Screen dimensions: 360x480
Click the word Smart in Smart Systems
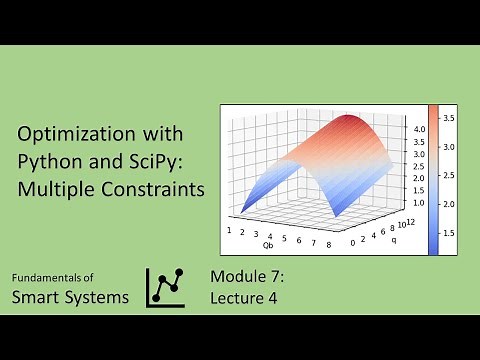point(37,297)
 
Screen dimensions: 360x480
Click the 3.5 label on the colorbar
point(449,118)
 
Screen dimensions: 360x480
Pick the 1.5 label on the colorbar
point(449,232)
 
